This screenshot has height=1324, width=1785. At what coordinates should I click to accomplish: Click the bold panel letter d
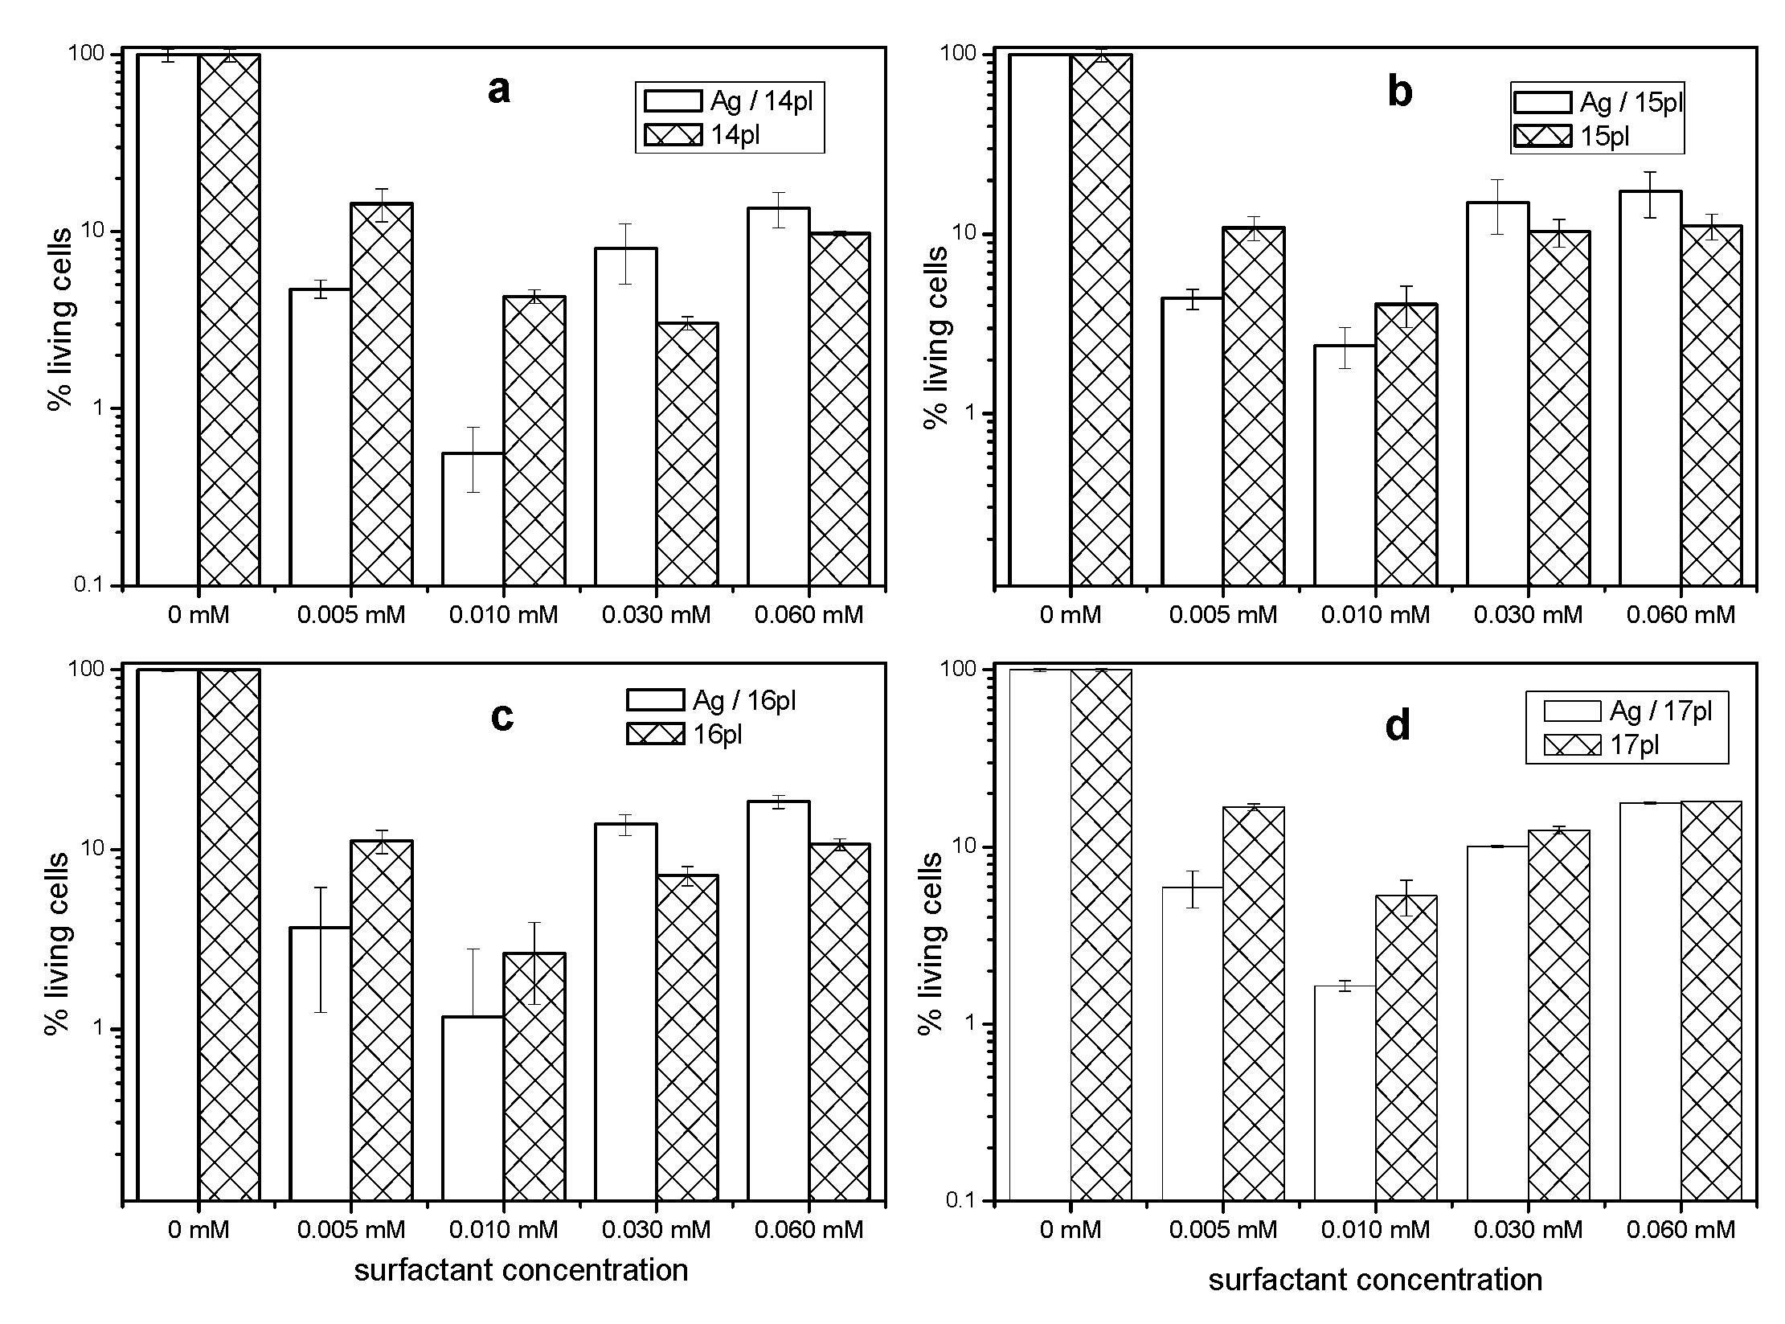point(1398,726)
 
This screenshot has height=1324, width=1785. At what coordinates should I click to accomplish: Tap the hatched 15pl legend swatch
point(1541,137)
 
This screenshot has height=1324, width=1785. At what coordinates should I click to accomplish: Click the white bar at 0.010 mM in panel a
point(473,519)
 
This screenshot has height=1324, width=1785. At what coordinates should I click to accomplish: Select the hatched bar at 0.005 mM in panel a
point(381,394)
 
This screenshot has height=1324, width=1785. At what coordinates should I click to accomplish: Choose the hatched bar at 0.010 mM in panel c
point(534,1077)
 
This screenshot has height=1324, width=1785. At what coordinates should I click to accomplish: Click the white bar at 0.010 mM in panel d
point(1345,1093)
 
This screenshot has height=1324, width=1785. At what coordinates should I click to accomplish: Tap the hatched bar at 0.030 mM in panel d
point(1558,1013)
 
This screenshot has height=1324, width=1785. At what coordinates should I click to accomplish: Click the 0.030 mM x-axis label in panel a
point(656,615)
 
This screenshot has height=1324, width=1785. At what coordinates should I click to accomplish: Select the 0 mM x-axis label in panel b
point(1071,615)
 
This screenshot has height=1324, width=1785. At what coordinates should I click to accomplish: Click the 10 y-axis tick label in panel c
point(94,849)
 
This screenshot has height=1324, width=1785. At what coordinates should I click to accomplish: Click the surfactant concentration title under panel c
point(521,1270)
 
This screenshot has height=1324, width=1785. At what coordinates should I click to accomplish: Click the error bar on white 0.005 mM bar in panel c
point(321,949)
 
